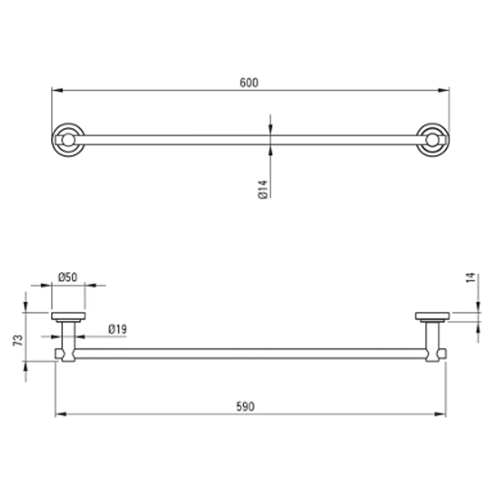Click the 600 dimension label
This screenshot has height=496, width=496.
[249, 82]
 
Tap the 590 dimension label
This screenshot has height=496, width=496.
[245, 406]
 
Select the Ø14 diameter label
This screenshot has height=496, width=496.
[263, 190]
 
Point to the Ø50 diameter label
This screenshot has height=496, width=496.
[68, 277]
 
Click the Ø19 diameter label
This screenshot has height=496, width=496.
[117, 329]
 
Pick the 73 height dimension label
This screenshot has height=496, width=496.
[18, 340]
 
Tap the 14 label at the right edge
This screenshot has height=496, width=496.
[471, 277]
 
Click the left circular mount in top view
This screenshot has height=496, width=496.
[68, 140]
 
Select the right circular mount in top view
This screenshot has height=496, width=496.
[432, 140]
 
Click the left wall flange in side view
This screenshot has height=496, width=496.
[68, 317]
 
